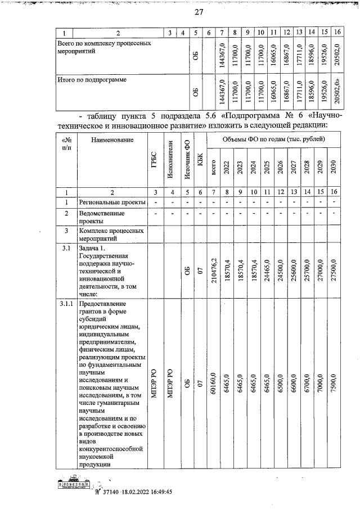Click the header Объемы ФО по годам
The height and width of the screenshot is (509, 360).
[273, 139]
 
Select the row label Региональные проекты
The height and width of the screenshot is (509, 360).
[110, 202]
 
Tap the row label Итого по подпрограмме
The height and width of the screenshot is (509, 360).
[92, 80]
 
